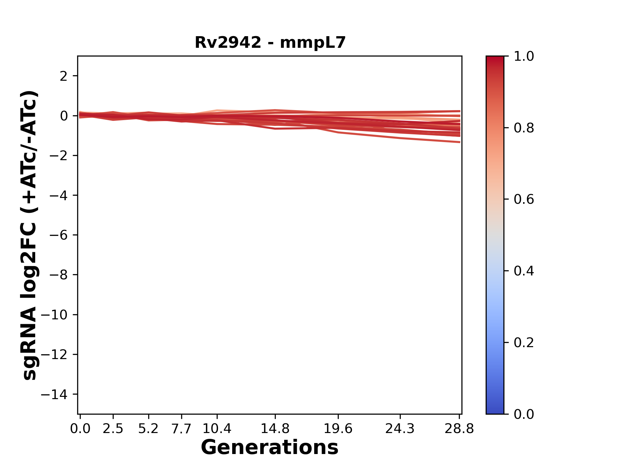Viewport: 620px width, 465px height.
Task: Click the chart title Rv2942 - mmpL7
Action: (x=270, y=43)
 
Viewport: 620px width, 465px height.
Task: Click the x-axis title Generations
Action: (x=270, y=448)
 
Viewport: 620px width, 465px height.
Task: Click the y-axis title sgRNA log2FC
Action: (x=30, y=235)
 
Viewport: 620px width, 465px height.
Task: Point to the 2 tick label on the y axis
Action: (x=64, y=76)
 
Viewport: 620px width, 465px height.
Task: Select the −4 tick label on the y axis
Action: (x=58, y=195)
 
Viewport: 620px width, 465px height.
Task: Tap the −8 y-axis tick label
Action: (x=58, y=275)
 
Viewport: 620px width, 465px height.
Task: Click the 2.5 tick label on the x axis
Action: (x=113, y=429)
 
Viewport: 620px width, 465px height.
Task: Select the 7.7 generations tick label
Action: (x=181, y=429)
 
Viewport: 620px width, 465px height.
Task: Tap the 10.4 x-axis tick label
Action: (x=217, y=429)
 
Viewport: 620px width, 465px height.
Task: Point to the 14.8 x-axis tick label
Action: (x=275, y=429)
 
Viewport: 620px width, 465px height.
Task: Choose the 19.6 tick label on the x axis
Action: (x=338, y=429)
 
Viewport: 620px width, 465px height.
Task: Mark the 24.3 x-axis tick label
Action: (x=400, y=429)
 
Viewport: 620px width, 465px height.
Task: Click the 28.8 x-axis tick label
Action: (x=460, y=429)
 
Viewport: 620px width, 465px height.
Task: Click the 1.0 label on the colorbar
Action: (x=524, y=57)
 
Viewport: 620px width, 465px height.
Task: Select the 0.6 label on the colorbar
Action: (x=524, y=200)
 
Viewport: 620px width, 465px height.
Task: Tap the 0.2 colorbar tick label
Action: (x=524, y=343)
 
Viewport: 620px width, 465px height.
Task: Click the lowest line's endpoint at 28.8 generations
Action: (x=460, y=142)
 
